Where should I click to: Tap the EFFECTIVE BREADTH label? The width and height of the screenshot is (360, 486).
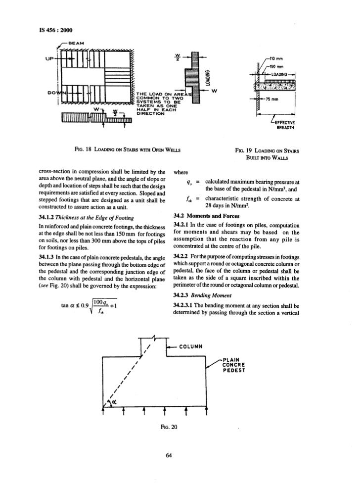(283, 124)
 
